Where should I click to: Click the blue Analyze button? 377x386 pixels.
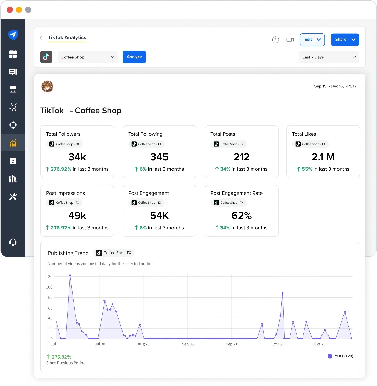click(x=134, y=57)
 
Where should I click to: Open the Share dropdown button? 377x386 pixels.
click(x=345, y=40)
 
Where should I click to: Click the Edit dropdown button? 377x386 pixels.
click(x=312, y=40)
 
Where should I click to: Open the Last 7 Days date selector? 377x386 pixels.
click(x=329, y=57)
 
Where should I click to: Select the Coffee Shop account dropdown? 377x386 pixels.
click(x=87, y=57)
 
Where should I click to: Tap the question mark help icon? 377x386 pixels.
click(x=275, y=40)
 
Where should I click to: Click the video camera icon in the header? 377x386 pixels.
click(x=290, y=40)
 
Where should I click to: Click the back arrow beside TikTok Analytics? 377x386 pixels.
click(x=41, y=38)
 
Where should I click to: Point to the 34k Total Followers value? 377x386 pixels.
click(x=77, y=157)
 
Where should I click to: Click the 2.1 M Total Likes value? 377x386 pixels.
click(x=323, y=157)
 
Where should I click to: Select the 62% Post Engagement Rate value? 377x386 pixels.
click(x=241, y=216)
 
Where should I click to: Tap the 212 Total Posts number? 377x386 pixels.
click(x=241, y=157)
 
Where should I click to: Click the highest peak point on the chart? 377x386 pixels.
click(x=70, y=275)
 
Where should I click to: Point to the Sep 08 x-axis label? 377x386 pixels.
click(x=188, y=344)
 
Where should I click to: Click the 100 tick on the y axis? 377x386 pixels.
click(x=49, y=287)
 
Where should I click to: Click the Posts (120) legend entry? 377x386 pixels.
click(x=340, y=356)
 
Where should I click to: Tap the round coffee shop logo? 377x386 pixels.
click(x=47, y=86)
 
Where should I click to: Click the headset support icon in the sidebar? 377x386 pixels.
click(x=13, y=242)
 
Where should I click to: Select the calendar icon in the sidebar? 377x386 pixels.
click(x=13, y=90)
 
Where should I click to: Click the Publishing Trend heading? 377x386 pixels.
click(x=68, y=253)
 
